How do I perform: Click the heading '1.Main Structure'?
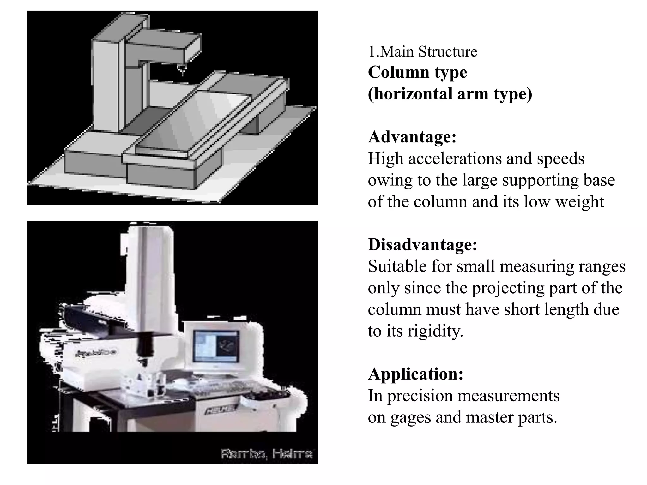coord(422,51)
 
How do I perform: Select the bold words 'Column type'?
coord(417,72)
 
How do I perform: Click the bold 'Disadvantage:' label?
coord(422,245)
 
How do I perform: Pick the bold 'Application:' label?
coord(415,374)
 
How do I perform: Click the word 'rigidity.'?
coord(435,331)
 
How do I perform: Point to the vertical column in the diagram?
coord(106,85)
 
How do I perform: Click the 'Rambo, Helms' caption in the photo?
coord(266,454)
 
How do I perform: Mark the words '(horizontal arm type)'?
coord(450,94)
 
